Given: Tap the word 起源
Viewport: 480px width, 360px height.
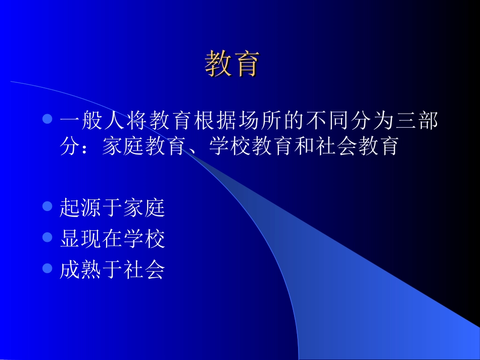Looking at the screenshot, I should point(81,208).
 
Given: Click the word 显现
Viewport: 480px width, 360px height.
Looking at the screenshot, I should point(81,238).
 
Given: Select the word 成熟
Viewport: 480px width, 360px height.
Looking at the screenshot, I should point(81,270).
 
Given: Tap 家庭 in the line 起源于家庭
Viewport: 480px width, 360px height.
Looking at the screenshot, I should point(144,208).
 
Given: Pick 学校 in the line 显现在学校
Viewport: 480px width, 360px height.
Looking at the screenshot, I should point(144,238).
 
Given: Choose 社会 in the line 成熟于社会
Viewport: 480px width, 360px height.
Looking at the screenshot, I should point(144,270).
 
